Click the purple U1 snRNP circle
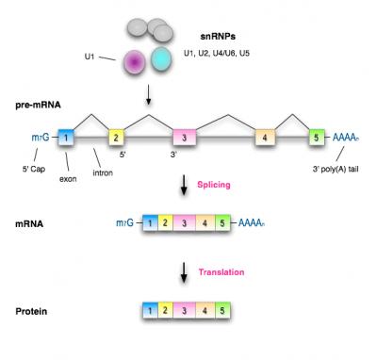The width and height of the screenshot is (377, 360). pyautogui.click(x=134, y=62)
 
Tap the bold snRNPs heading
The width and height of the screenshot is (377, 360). pyautogui.click(x=218, y=37)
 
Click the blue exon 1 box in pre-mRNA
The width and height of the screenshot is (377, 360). pyautogui.click(x=66, y=138)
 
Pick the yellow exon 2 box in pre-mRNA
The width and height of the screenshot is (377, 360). pyautogui.click(x=116, y=138)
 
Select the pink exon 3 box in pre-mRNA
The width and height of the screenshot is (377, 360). pyautogui.click(x=185, y=138)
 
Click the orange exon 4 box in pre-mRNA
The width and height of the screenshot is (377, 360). pyautogui.click(x=265, y=138)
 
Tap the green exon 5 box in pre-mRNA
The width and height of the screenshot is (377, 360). pyautogui.click(x=317, y=138)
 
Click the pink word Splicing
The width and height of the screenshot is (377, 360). pyautogui.click(x=214, y=185)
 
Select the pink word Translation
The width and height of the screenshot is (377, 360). pyautogui.click(x=221, y=272)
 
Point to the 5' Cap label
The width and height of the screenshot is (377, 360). pyautogui.click(x=34, y=169)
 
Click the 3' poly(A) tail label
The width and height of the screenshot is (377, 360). pyautogui.click(x=336, y=170)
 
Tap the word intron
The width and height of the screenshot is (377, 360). pyautogui.click(x=103, y=172)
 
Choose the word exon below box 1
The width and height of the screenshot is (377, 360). pyautogui.click(x=68, y=179)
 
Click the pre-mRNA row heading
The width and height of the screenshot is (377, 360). pyautogui.click(x=38, y=105)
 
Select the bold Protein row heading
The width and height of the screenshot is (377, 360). pyautogui.click(x=31, y=311)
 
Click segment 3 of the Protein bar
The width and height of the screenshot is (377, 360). pyautogui.click(x=185, y=311)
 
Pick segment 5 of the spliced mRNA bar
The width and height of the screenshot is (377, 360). pyautogui.click(x=222, y=223)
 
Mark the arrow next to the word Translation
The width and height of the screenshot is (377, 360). pyautogui.click(x=184, y=273)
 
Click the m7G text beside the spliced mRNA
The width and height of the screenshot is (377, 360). pyautogui.click(x=124, y=223)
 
